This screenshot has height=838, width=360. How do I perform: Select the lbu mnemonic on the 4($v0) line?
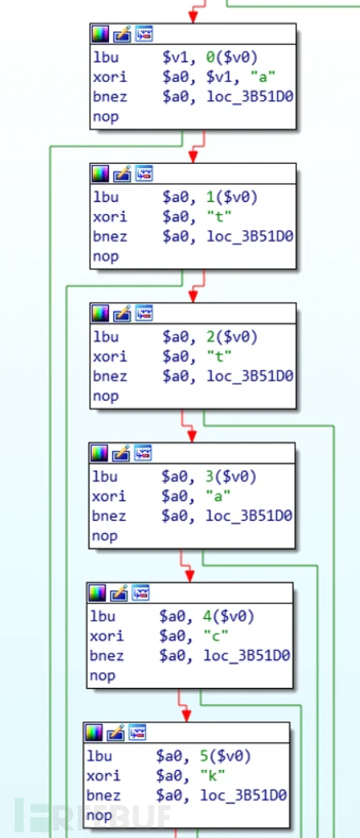(103, 617)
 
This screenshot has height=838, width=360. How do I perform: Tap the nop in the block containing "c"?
(102, 676)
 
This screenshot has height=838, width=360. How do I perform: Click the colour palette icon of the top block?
(100, 34)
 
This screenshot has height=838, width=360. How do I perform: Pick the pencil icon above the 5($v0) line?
(116, 733)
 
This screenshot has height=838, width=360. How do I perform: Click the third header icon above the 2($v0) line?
(144, 313)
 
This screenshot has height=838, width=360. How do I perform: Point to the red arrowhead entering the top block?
(194, 18)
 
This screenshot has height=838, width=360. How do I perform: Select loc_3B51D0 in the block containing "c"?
(247, 656)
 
